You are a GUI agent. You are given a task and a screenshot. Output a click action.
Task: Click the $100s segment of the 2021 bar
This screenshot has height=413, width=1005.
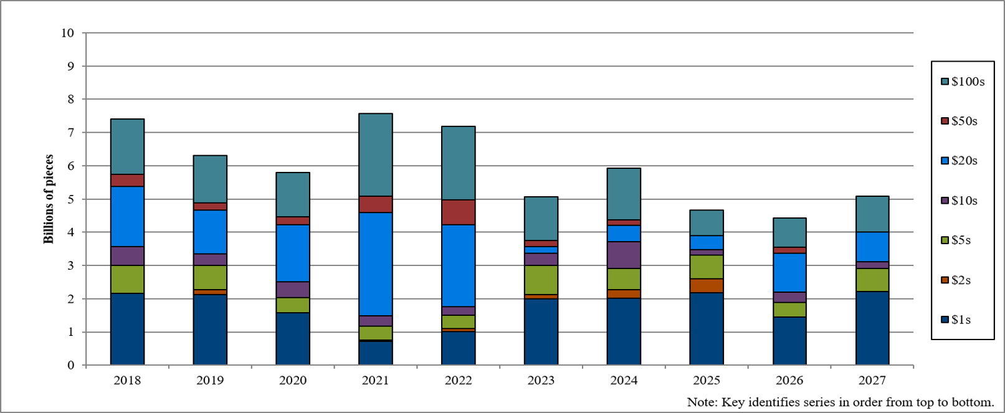[x=376, y=154]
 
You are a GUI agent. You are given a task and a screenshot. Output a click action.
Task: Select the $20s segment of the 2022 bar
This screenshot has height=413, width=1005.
[x=458, y=265]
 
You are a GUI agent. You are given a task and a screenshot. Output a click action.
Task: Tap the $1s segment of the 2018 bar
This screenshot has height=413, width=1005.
[x=128, y=329]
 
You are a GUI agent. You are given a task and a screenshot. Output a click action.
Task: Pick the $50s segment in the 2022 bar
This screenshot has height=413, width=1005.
[x=458, y=212]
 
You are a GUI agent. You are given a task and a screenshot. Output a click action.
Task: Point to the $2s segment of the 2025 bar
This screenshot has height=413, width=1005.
[x=707, y=286]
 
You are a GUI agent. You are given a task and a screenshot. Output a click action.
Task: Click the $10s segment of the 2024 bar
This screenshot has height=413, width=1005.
[x=624, y=255]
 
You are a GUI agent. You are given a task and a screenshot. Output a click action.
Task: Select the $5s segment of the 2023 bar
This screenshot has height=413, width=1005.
[x=541, y=280]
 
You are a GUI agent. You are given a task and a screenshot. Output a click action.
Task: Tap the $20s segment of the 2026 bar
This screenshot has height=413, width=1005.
[x=789, y=273]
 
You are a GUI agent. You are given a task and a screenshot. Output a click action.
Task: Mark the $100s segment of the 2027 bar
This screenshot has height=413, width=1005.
[x=872, y=214]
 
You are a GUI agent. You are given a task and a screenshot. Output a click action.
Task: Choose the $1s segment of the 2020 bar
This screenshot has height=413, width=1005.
[x=293, y=339]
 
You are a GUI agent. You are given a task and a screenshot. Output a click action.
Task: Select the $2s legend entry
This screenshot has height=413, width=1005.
[x=956, y=280]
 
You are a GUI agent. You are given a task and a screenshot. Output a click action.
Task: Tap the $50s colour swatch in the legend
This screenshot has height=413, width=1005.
[x=945, y=121]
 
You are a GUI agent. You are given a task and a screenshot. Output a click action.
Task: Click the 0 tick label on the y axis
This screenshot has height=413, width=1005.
[x=71, y=365]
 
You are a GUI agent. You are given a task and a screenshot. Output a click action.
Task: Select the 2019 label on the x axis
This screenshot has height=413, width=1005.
[x=210, y=380]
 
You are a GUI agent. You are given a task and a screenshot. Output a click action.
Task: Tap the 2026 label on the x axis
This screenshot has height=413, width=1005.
[x=789, y=380]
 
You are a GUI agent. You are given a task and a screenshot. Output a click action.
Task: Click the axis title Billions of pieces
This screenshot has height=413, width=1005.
[x=49, y=199]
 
